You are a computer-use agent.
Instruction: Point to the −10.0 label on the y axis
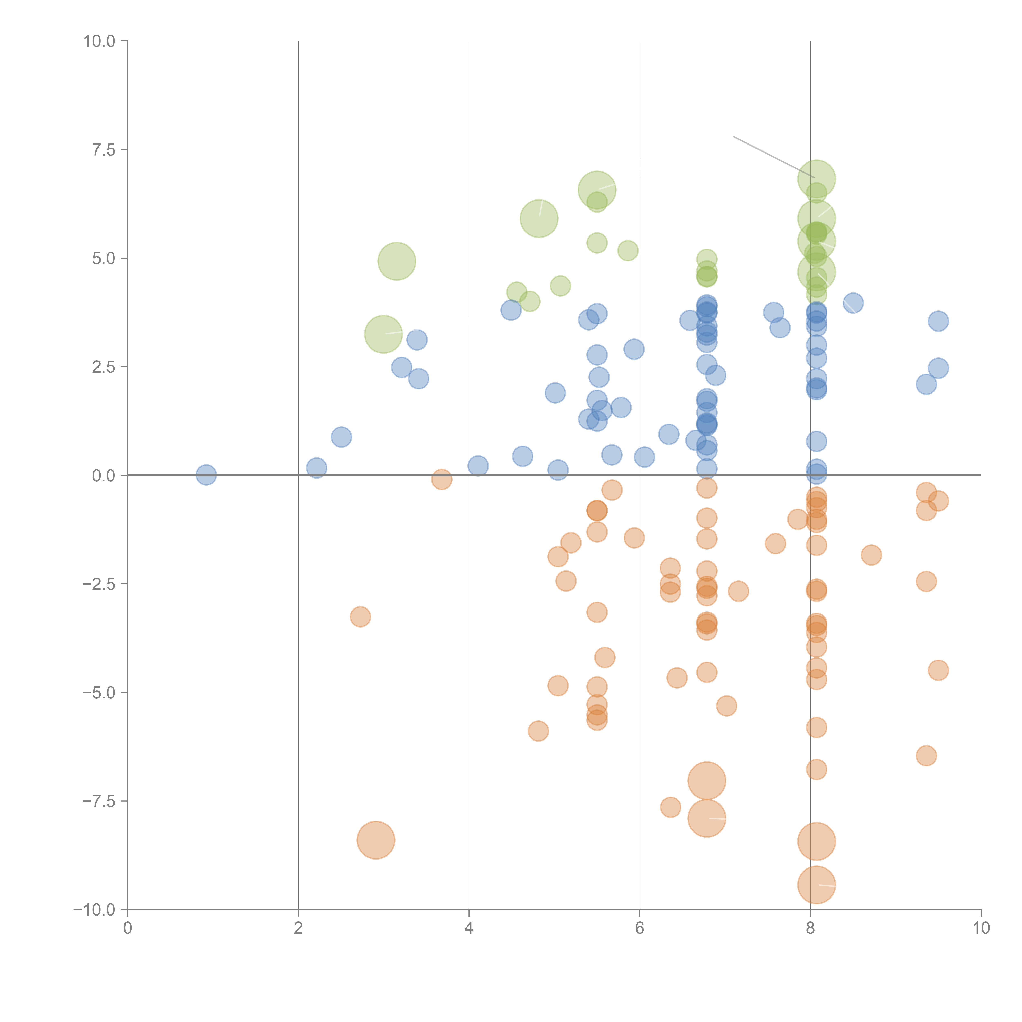coord(94,910)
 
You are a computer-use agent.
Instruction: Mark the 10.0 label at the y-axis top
coord(99,41)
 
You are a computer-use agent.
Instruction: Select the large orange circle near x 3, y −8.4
coord(375,840)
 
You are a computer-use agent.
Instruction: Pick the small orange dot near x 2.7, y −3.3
coord(360,617)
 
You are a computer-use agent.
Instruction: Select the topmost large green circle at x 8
coord(816,179)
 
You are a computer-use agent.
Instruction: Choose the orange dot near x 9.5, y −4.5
coord(938,670)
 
